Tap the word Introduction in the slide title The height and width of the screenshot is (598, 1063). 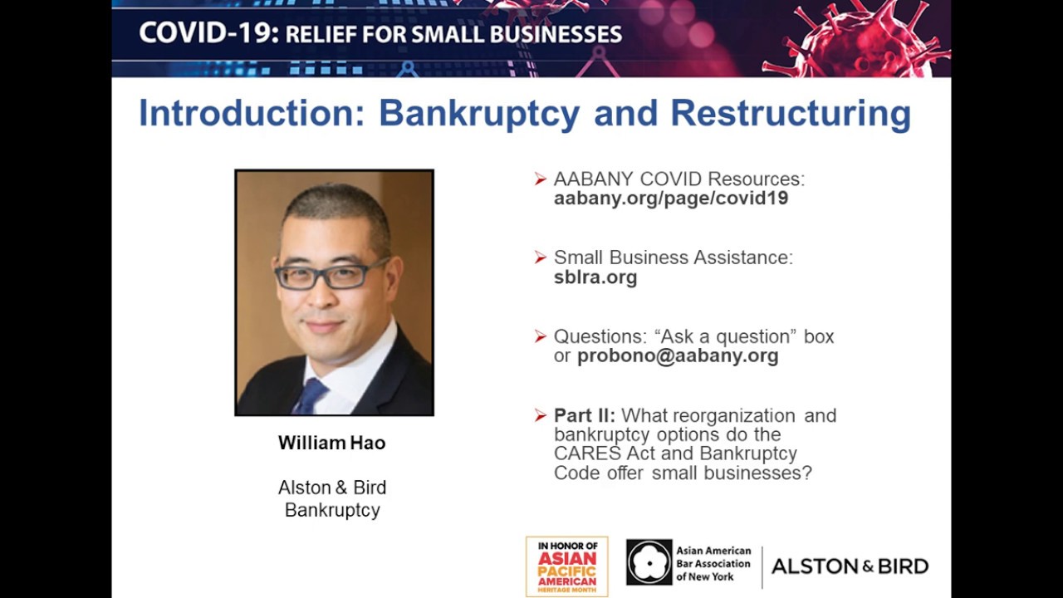click(252, 114)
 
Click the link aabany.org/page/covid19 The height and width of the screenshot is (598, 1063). click(670, 199)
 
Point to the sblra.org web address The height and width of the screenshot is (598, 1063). click(595, 277)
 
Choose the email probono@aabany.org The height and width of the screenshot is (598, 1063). click(678, 356)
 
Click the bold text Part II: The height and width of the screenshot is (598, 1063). click(585, 415)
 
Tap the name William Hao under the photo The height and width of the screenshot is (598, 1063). click(331, 443)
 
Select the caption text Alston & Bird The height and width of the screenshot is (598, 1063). click(331, 488)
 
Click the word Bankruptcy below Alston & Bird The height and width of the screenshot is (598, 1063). click(332, 510)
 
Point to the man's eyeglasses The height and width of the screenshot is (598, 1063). click(330, 275)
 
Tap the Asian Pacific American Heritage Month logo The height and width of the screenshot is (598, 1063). click(566, 566)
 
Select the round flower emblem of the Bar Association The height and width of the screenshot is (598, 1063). click(649, 562)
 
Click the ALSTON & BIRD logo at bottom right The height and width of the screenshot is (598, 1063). click(850, 566)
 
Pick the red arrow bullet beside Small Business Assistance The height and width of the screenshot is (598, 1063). click(541, 257)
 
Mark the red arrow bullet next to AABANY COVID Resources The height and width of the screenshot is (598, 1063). click(541, 179)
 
